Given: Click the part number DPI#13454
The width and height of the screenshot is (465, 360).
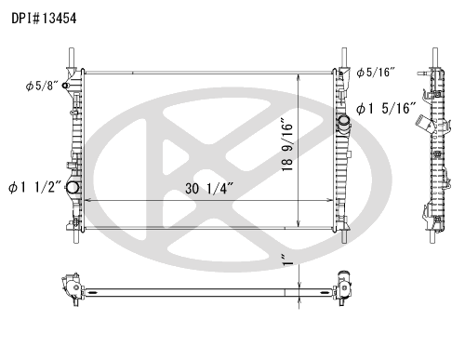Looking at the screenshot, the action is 44,19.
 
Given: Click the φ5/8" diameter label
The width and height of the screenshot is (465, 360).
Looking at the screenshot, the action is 42,86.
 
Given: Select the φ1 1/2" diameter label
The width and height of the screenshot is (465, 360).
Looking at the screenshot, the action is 35,187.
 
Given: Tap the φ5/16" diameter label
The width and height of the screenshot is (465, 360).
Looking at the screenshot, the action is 376,73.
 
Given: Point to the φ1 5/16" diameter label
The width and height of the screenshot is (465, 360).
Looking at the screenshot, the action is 386,109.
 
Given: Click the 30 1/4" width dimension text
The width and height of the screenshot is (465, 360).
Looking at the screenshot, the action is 209,188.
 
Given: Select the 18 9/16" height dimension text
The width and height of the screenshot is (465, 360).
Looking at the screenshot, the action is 287,144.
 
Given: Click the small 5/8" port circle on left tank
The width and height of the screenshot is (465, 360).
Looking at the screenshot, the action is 65,86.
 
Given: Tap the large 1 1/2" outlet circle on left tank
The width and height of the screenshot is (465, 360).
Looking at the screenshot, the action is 73,187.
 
